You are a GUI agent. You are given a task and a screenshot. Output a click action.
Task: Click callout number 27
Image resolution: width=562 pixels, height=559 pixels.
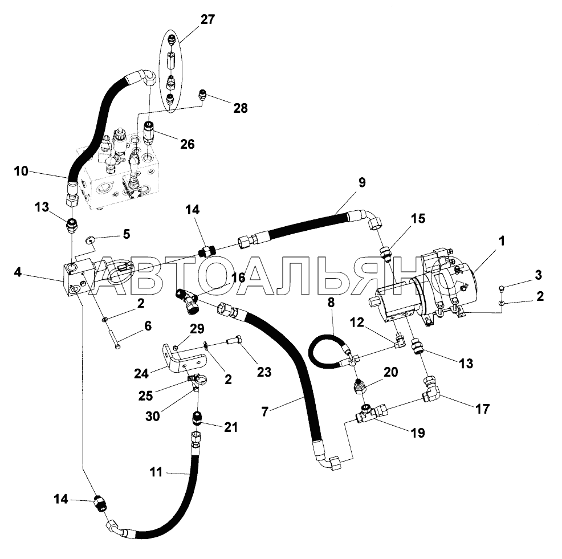tap(207, 19)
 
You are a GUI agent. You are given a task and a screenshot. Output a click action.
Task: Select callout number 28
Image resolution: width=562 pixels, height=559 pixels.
tap(241, 107)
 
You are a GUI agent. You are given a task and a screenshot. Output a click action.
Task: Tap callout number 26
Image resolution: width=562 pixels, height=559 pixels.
tap(187, 145)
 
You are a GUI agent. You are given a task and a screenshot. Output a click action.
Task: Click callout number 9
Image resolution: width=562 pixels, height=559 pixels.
tap(362, 183)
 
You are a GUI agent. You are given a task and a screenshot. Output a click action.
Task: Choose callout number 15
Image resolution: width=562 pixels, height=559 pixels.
tap(418, 219)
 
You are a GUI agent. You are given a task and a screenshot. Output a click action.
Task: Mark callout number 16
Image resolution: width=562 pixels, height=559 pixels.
tap(238, 278)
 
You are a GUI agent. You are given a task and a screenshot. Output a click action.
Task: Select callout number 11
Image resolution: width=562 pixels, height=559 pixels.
tap(156, 472)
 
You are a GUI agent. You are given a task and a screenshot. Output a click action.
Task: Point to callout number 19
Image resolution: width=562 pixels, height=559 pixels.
tap(417, 433)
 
